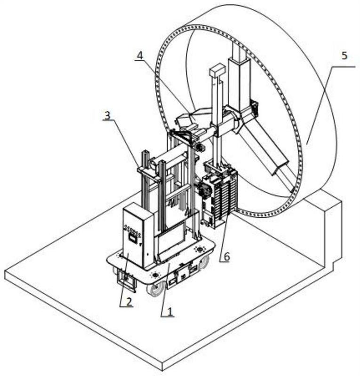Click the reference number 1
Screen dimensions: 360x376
tap(170, 312)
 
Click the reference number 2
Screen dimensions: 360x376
tap(129, 302)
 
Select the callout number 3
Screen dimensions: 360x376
tap(107, 115)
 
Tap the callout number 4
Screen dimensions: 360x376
tap(140, 55)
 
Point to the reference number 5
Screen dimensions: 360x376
tap(344, 55)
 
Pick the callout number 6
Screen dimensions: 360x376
tap(226, 257)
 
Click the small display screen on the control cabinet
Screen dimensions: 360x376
tap(132, 237)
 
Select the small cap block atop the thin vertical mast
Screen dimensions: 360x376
tap(217, 70)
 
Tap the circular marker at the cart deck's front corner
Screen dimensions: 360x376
tap(155, 274)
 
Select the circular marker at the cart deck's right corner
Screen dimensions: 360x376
tap(199, 249)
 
